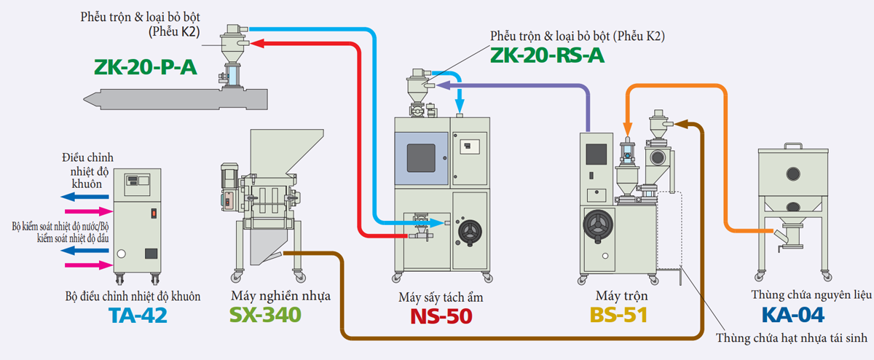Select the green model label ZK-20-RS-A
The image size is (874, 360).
tap(547, 55)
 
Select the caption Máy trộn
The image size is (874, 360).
tap(621, 297)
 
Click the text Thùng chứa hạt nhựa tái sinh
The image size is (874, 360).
tap(792, 337)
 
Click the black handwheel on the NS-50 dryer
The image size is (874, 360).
tap(471, 232)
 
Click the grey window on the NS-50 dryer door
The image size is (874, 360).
tap(421, 157)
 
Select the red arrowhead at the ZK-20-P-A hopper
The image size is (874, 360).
tap(256, 44)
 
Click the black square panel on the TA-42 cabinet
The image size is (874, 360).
tap(151, 254)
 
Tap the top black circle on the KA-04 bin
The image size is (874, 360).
tap(792, 174)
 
